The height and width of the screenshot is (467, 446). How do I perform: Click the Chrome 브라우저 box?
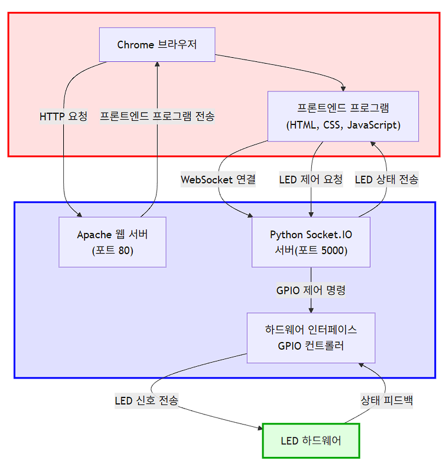coord(157,45)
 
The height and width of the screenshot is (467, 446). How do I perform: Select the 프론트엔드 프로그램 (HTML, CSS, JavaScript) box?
coord(343,116)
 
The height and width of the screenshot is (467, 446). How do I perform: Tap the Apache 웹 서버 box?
coord(112,242)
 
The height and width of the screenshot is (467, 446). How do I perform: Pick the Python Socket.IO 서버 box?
coord(311,242)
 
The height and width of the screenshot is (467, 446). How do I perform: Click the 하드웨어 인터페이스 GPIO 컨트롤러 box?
coord(311,337)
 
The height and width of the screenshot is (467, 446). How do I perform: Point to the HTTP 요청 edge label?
coord(63,116)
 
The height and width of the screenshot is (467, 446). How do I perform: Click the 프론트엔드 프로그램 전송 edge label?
coord(157,116)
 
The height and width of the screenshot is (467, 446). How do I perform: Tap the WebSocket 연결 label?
coord(218,180)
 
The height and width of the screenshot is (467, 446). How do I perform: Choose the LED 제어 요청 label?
coord(311,180)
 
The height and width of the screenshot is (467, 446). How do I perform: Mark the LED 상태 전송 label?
coord(386,180)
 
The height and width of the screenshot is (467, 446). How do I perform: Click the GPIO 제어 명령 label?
coord(311,290)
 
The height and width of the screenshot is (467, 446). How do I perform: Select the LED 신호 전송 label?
coord(147,401)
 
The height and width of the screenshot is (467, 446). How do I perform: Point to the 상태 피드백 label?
coord(386,401)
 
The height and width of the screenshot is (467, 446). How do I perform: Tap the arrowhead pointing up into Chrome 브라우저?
coord(157,65)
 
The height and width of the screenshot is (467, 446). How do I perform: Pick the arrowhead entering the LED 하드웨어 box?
coord(259,429)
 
